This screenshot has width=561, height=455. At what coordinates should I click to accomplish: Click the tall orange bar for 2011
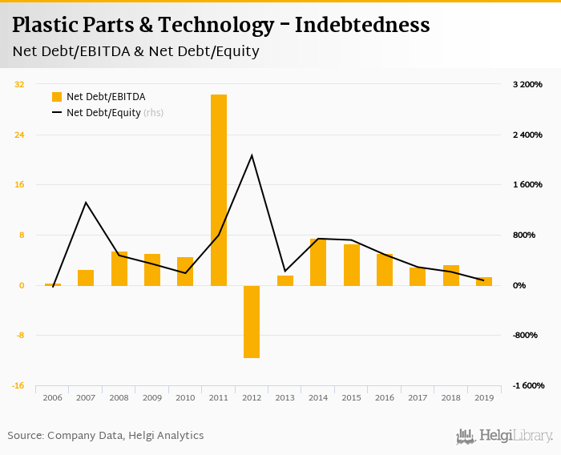(x=219, y=190)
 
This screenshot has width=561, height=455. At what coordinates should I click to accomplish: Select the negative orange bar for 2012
(x=252, y=321)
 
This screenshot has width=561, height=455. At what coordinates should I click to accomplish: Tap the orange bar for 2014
(x=318, y=262)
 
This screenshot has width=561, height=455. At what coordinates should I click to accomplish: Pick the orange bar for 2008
(x=119, y=268)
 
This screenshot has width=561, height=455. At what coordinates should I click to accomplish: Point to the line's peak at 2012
(x=252, y=155)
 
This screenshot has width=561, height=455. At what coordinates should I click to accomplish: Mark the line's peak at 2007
(x=86, y=202)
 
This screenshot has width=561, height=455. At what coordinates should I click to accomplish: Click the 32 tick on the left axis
(x=19, y=84)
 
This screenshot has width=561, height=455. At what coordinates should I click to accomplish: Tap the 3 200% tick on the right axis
(x=527, y=84)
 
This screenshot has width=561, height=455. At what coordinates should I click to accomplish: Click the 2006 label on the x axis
(x=53, y=397)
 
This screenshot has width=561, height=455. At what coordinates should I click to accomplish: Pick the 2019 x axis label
(x=484, y=397)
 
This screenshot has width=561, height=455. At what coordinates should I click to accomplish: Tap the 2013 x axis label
(x=285, y=397)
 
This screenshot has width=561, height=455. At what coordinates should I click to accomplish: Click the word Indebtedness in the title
(x=362, y=26)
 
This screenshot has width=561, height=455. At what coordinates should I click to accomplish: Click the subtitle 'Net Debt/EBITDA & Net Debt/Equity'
(x=135, y=52)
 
